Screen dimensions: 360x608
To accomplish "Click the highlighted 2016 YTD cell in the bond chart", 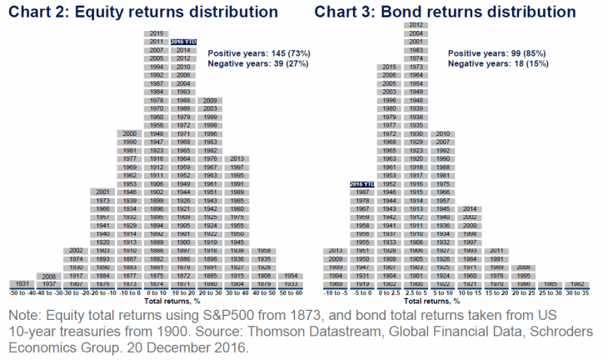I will [x=364, y=184].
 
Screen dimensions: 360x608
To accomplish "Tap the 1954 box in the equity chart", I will [x=291, y=275].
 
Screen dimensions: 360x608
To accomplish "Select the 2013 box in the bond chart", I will [x=336, y=251].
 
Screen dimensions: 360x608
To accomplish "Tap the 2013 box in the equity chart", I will [x=237, y=158].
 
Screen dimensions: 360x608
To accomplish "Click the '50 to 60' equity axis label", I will [x=291, y=292].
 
